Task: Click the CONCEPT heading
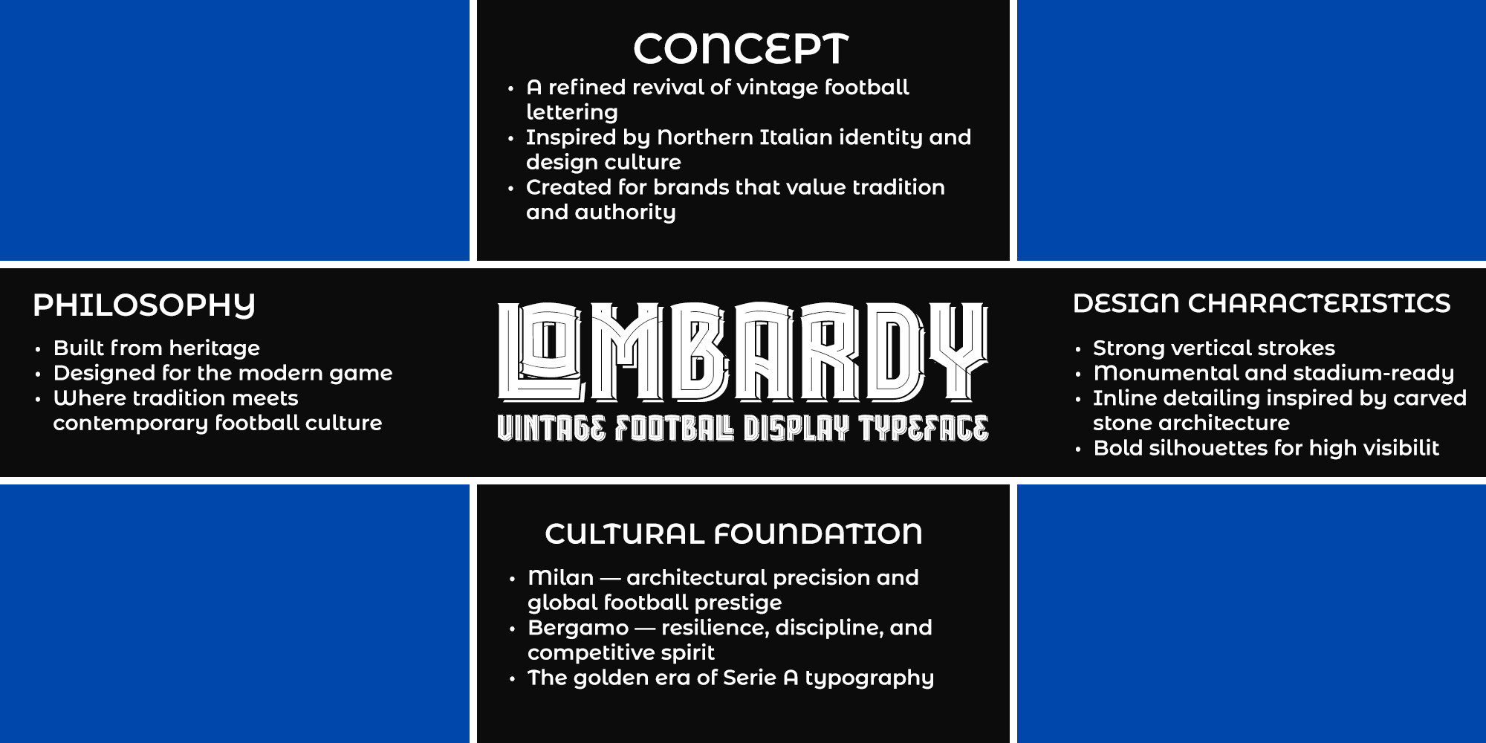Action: pyautogui.click(x=741, y=49)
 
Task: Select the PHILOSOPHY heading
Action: pyautogui.click(x=144, y=305)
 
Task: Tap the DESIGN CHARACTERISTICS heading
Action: pyautogui.click(x=1262, y=303)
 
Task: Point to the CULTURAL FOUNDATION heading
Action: pyautogui.click(x=733, y=533)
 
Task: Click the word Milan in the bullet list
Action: pyautogui.click(x=561, y=577)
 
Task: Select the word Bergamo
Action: pyautogui.click(x=578, y=629)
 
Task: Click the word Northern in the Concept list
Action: pyautogui.click(x=705, y=137)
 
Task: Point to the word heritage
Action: pyautogui.click(x=215, y=349)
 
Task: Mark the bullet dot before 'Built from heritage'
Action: pyautogui.click(x=38, y=348)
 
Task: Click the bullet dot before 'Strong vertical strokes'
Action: pyautogui.click(x=1077, y=348)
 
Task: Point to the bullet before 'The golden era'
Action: pyautogui.click(x=512, y=678)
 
